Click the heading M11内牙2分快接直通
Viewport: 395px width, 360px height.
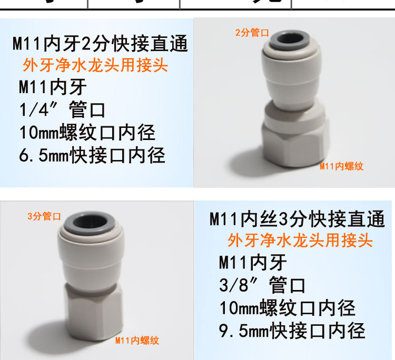(x=100, y=44)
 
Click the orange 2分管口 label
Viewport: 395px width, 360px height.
(x=252, y=33)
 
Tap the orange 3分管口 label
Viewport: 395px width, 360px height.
(x=45, y=216)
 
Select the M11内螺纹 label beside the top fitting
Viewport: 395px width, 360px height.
(x=341, y=166)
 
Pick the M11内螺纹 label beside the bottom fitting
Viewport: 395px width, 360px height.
(x=137, y=341)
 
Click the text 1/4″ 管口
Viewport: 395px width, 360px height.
(x=62, y=110)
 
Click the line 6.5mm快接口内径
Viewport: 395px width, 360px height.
(x=92, y=155)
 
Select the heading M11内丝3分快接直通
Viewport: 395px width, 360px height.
(x=297, y=218)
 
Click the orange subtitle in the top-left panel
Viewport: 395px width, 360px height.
(x=95, y=65)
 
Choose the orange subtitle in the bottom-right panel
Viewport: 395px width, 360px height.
(x=300, y=241)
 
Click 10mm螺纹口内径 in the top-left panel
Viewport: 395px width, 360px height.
(x=87, y=132)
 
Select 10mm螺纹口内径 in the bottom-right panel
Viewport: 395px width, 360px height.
(x=287, y=307)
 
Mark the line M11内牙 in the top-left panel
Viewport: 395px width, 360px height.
(x=53, y=87)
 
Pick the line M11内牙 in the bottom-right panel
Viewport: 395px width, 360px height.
(x=253, y=262)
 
